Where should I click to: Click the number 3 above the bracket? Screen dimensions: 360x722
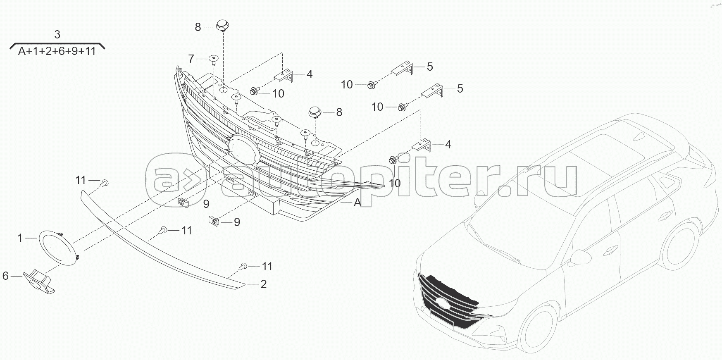pyautogui.click(x=57, y=34)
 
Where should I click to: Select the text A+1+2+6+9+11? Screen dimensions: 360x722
pyautogui.click(x=57, y=52)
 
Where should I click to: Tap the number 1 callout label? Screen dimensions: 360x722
pyautogui.click(x=20, y=238)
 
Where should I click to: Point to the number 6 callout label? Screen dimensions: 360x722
pyautogui.click(x=5, y=276)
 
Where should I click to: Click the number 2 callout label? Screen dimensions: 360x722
pyautogui.click(x=263, y=284)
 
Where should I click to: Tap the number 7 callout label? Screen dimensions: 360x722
pyautogui.click(x=191, y=59)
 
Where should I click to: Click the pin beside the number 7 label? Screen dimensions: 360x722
pyautogui.click(x=213, y=60)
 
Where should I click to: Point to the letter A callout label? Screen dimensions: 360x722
pyautogui.click(x=357, y=203)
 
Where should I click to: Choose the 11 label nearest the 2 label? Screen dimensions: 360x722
pyautogui.click(x=267, y=267)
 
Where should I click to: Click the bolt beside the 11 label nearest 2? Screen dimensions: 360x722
pyautogui.click(x=244, y=266)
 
